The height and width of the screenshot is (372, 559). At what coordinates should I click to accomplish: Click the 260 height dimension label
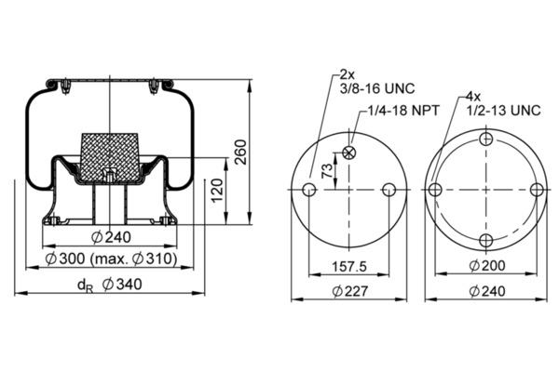[x=241, y=152]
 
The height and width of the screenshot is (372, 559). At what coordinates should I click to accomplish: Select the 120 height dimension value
[x=217, y=191]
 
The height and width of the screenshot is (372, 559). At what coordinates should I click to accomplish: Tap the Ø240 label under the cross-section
[x=111, y=237]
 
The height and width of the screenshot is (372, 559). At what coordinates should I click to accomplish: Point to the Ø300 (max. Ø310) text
[x=111, y=259]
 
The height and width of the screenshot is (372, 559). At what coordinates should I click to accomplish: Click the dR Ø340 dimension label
[x=110, y=285]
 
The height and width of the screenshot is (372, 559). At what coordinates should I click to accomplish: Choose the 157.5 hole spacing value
[x=349, y=266]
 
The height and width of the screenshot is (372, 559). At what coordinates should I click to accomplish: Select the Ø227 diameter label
[x=349, y=291]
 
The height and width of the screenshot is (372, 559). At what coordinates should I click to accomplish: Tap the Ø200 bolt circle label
[x=487, y=266]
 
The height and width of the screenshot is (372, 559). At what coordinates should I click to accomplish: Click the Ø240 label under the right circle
[x=487, y=291]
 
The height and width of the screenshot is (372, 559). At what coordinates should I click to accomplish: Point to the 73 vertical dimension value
[x=327, y=171]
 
